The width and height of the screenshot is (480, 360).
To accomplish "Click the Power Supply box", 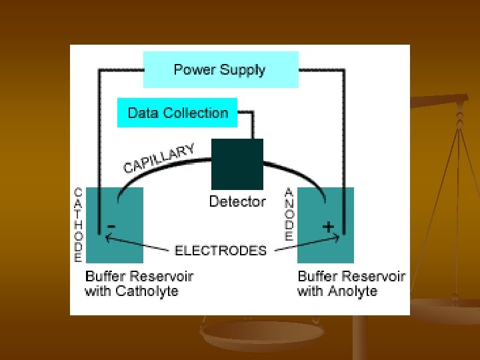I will (x=221, y=69).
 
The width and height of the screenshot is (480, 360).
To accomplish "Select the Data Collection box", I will (x=177, y=113).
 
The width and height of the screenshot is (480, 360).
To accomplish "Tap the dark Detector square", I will (x=237, y=164).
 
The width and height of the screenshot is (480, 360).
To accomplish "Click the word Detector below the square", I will (x=237, y=201).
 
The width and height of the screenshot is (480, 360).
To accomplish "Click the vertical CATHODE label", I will (x=79, y=224).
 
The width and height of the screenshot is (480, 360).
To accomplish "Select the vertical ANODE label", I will (x=289, y=213).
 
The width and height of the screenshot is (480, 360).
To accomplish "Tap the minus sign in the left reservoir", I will (x=111, y=227).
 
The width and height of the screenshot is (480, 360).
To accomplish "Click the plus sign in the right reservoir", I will (x=328, y=227).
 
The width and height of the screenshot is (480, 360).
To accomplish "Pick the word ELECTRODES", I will (x=221, y=251).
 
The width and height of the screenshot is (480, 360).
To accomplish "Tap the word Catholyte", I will (x=147, y=291).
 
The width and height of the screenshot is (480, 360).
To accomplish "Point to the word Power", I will (x=194, y=69).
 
